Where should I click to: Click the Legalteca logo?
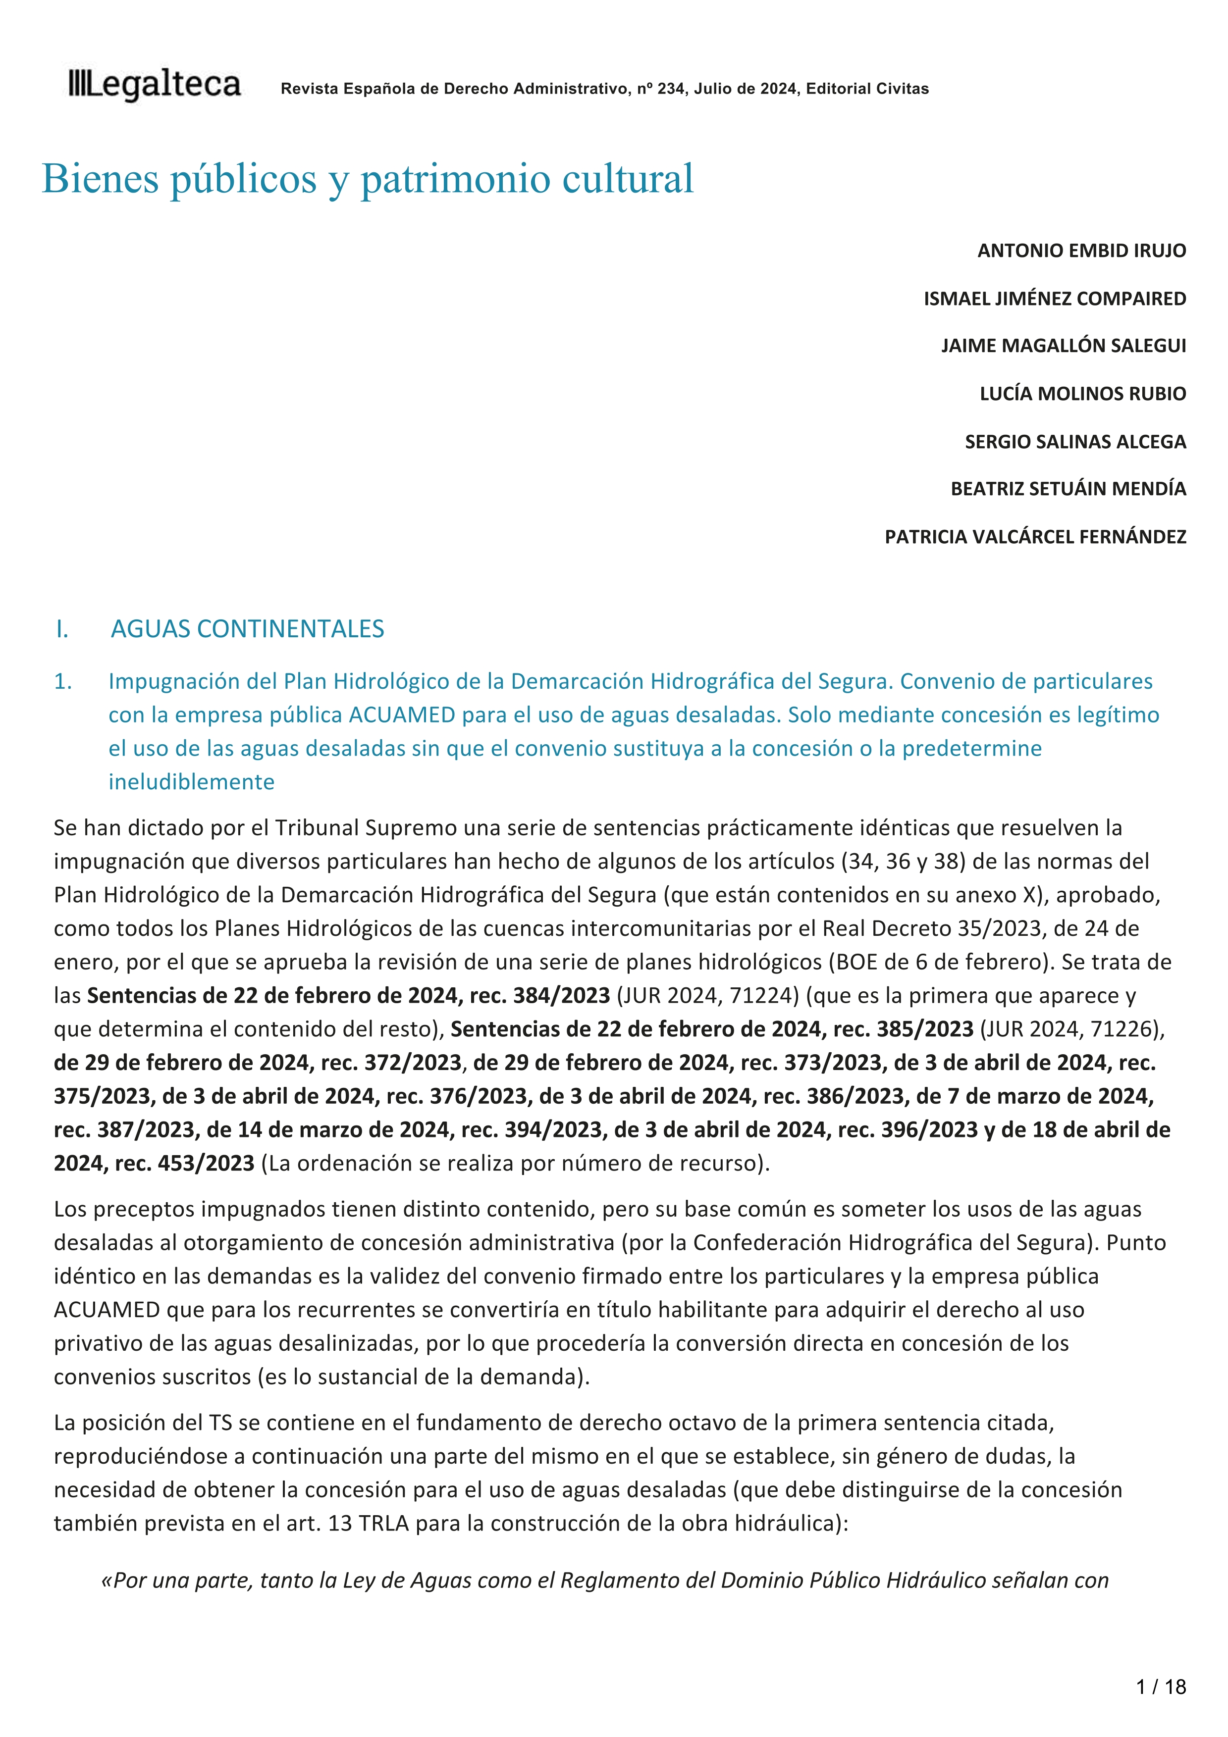pyautogui.click(x=155, y=86)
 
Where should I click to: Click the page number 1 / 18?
pyautogui.click(x=1161, y=1687)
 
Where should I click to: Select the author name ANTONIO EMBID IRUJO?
pyautogui.click(x=1081, y=251)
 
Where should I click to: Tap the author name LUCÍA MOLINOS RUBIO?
pyautogui.click(x=1082, y=393)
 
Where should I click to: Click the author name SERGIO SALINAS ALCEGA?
pyautogui.click(x=1074, y=441)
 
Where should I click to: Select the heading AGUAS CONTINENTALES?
pyautogui.click(x=247, y=629)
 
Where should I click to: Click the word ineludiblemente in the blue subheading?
pyautogui.click(x=191, y=781)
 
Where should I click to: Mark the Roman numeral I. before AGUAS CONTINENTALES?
pyautogui.click(x=62, y=629)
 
